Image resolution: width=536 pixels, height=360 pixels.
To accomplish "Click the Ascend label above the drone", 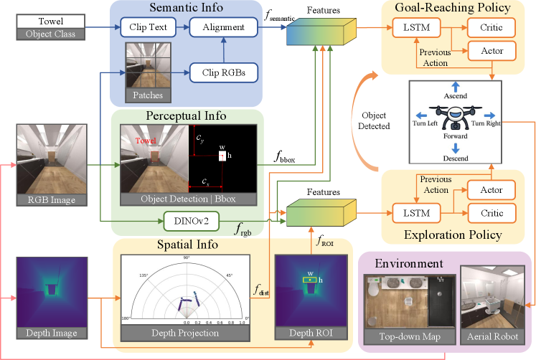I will tap(455, 95).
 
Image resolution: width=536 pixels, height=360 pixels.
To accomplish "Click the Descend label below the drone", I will tap(455, 158).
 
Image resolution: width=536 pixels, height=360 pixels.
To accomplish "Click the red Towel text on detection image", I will tap(147, 142).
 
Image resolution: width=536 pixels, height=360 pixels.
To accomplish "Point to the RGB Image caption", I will tap(52, 200).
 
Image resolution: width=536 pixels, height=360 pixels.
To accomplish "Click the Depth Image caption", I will tap(52, 333).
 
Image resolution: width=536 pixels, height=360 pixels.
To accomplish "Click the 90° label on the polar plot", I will tap(187, 257).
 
